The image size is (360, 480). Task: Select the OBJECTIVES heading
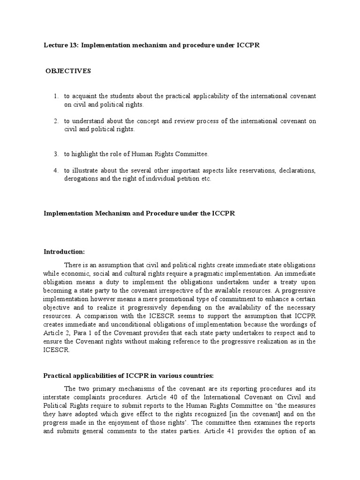68,71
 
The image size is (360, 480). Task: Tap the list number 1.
55,97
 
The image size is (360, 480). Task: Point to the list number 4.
55,171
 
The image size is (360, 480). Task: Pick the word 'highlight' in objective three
86,154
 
